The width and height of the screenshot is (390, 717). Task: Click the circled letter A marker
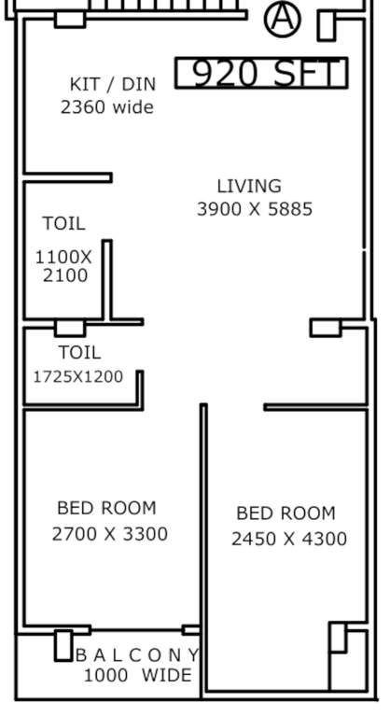point(283,19)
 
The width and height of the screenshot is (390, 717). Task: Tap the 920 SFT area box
point(261,73)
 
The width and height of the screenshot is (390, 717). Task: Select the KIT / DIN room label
point(113,84)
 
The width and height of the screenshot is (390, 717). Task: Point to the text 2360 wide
point(107,106)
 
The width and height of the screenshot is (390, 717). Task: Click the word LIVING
point(249,186)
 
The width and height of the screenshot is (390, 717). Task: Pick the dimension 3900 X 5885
point(255,209)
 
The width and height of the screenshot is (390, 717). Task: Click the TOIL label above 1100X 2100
point(63,223)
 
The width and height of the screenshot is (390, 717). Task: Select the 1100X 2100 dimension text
point(64,266)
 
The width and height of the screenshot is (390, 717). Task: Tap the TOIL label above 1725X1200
point(79,352)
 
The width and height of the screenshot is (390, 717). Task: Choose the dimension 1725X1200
point(78,376)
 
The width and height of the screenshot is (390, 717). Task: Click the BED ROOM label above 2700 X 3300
point(106,508)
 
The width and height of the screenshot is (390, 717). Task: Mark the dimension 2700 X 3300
point(109,534)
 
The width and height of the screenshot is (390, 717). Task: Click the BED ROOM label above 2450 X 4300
point(286,513)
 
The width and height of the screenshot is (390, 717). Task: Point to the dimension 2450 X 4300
point(289,539)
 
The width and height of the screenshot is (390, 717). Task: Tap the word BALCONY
point(137,654)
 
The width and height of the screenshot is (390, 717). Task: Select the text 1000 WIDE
point(137,675)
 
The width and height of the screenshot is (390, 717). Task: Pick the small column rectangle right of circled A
point(326,25)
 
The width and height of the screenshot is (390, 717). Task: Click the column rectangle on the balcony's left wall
point(63,645)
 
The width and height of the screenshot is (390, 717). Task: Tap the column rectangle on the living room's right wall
point(326,328)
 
